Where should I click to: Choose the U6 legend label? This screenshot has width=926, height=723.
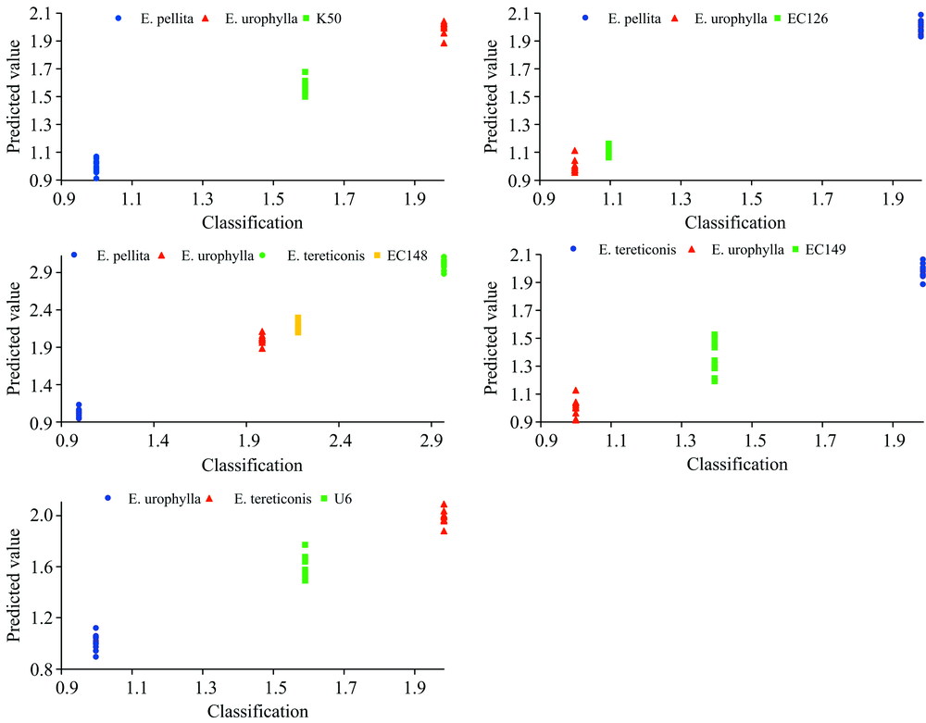coord(343,498)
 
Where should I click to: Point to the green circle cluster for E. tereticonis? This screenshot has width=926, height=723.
coord(444,265)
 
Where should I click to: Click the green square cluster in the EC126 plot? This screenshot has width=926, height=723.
coord(608,150)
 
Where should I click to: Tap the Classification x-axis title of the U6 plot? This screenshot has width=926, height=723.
coord(257,711)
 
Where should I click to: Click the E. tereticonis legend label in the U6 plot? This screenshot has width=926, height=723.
coord(269,498)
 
